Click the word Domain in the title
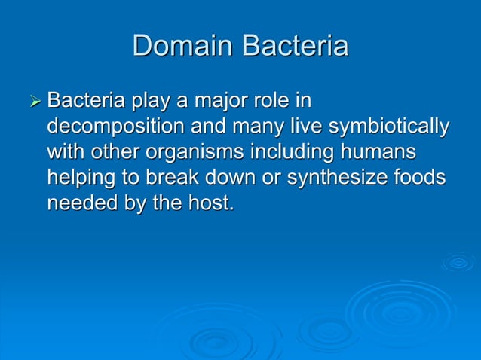click(183, 46)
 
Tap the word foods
click(421, 178)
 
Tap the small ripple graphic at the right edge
click(458, 262)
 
